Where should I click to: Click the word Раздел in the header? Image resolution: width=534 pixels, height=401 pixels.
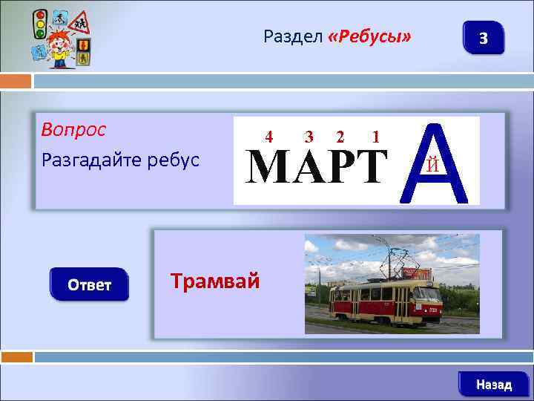(292, 37)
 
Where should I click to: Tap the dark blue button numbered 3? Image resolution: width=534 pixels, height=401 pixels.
(484, 37)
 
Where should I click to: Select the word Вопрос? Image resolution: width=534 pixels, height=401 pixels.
(74, 130)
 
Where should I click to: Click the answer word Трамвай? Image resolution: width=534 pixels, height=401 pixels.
(215, 281)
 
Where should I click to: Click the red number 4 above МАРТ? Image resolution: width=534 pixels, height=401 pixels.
(269, 137)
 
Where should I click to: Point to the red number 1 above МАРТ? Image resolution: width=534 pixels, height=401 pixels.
(377, 137)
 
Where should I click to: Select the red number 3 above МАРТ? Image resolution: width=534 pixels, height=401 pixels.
(309, 137)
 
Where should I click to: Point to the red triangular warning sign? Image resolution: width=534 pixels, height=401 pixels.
(79, 23)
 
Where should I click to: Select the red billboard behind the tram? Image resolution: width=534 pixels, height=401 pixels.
(418, 274)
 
